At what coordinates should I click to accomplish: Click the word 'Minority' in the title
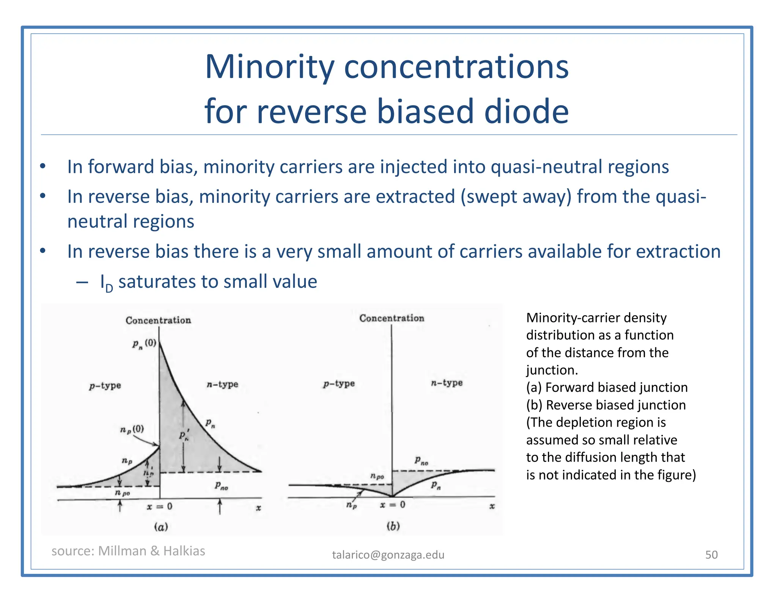(270, 68)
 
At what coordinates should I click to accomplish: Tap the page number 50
(711, 554)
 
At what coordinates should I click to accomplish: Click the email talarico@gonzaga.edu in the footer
(388, 554)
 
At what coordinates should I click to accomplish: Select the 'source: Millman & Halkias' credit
(128, 551)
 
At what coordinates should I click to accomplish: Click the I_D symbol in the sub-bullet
(106, 283)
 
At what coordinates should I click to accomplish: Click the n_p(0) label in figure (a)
(132, 429)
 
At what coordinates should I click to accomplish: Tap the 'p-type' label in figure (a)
(105, 386)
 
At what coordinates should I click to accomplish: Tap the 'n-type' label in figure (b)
(447, 383)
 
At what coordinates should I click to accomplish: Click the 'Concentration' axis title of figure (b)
(392, 318)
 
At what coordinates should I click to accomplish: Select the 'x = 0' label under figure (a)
(159, 506)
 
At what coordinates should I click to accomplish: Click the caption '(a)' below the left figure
(161, 527)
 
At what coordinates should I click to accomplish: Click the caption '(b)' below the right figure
(393, 526)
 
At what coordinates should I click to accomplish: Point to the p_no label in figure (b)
(421, 461)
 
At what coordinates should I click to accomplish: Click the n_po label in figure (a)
(122, 493)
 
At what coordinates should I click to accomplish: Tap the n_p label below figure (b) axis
(351, 506)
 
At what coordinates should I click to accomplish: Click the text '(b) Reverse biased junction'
(606, 405)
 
